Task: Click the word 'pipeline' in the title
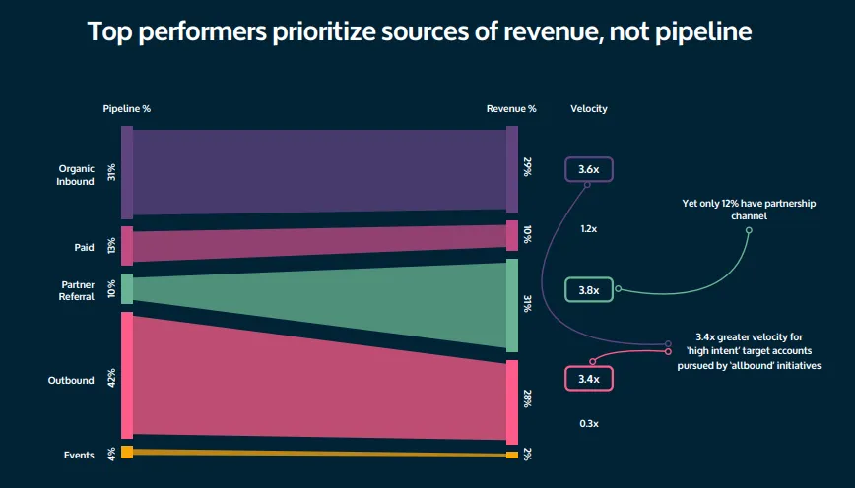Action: (702, 32)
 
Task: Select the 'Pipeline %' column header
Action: (127, 108)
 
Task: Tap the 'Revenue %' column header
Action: (511, 108)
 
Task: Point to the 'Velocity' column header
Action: (589, 108)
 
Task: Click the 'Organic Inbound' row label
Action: (76, 175)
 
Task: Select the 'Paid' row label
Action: (85, 248)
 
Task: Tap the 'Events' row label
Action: (79, 455)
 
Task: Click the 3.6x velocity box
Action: (589, 169)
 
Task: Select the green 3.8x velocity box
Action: (589, 290)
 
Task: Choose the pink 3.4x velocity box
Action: (589, 378)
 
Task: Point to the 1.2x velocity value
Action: (589, 228)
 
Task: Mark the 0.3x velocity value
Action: (589, 423)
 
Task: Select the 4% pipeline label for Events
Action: (112, 454)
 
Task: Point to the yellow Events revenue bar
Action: (511, 455)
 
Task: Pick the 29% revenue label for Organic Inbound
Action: (528, 167)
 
